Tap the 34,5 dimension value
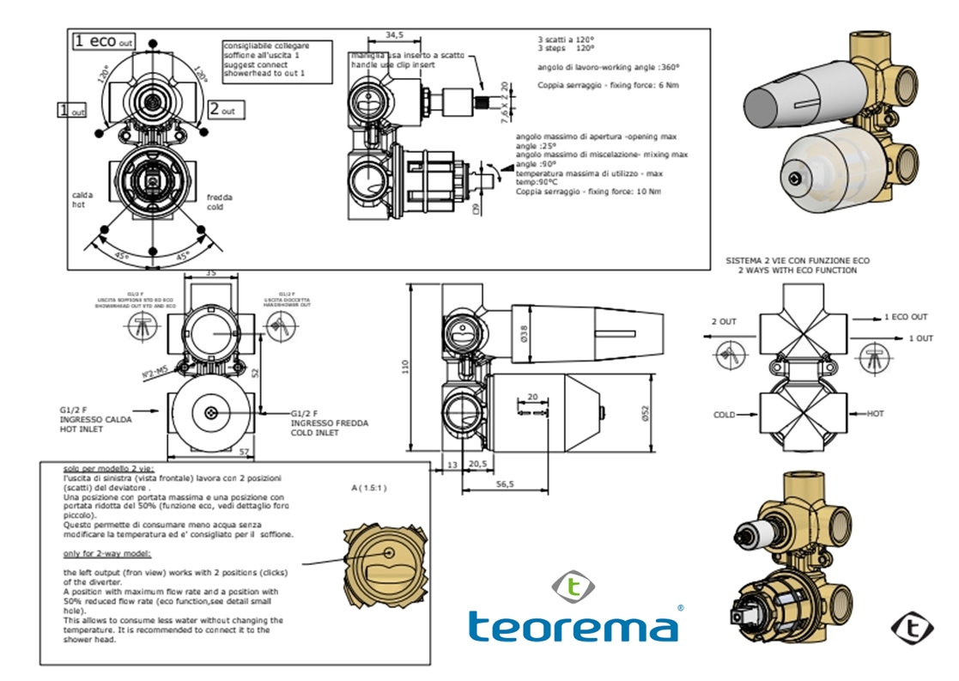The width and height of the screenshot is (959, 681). [394, 35]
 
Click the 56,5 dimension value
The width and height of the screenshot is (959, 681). [505, 484]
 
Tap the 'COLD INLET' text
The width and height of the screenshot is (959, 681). [315, 432]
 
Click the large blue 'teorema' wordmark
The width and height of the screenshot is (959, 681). [573, 625]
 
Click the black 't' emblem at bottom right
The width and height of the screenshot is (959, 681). [912, 629]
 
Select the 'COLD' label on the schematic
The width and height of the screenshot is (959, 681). [725, 415]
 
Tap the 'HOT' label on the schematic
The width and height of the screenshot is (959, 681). [875, 414]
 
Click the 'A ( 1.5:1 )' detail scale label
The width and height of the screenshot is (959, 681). [369, 488]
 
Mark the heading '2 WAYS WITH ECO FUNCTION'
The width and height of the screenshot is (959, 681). [798, 270]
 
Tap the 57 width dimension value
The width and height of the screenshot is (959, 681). [245, 451]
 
